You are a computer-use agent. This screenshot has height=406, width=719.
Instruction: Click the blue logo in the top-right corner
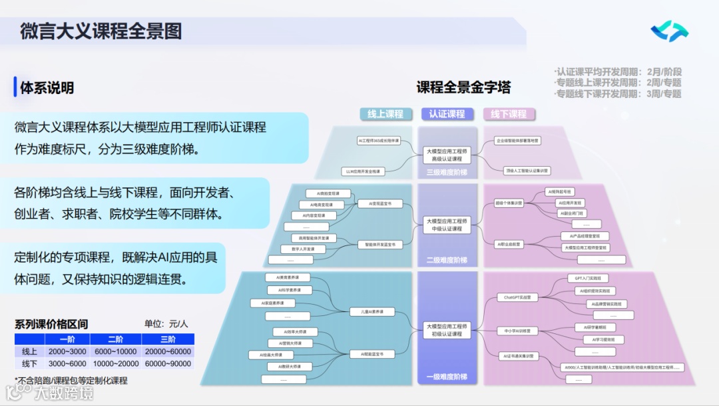coord(669,31)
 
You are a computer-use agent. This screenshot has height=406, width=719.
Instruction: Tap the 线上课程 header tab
coord(385,114)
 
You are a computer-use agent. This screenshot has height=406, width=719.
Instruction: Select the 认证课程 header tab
coord(447,114)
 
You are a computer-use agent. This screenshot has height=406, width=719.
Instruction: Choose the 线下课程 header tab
coord(509,114)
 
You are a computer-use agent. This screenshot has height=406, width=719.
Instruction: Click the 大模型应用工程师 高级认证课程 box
coord(447,155)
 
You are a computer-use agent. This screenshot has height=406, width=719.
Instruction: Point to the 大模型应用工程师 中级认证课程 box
coord(447,225)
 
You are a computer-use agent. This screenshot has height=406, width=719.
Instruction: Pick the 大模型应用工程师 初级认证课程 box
coord(447,329)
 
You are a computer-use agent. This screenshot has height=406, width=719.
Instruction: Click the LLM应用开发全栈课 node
coord(363,171)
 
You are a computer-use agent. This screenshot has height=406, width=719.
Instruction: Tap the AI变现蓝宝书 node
coord(380,203)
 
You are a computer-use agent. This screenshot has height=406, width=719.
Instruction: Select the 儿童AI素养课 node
coord(372,311)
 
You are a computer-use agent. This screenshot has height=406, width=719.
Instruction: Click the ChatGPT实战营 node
coord(517,297)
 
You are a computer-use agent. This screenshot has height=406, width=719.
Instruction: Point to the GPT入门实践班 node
coord(587,278)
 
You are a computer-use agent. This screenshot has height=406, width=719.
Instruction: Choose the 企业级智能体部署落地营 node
coord(518,141)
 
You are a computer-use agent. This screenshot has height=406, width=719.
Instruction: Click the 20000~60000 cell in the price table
coord(168,351)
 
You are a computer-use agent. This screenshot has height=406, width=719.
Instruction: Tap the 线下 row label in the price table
coord(29,363)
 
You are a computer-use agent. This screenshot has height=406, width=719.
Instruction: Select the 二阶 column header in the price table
coord(115,339)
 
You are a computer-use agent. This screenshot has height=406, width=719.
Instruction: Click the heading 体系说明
coord(47,87)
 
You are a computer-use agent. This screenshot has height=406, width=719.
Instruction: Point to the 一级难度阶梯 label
coord(447,377)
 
